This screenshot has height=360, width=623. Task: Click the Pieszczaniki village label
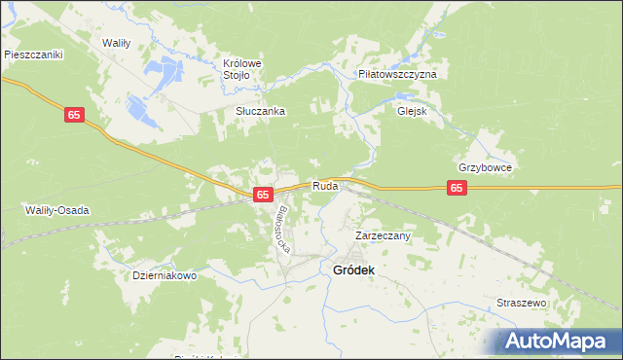coord(33,55)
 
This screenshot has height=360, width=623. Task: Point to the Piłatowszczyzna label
coord(397,74)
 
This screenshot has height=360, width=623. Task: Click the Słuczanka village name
coord(260,111)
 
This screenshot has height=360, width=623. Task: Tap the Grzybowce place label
coord(485,167)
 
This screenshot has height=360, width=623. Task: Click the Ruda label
coord(325,186)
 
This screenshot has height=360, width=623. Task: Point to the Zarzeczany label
coord(383,235)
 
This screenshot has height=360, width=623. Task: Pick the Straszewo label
coord(522,304)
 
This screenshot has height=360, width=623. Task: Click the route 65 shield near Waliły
coord(76,115)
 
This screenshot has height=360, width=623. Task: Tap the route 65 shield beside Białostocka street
coord(262,195)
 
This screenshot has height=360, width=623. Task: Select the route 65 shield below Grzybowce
coord(458,188)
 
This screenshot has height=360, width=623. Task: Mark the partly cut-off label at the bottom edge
coord(208,356)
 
